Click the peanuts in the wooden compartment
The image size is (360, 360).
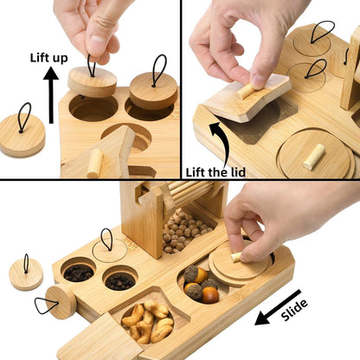pos(146,319)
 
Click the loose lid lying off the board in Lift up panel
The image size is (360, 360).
pos(21,134)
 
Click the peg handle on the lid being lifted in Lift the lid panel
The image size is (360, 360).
pos(248,88)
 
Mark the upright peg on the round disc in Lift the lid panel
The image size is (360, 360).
pos(313,156)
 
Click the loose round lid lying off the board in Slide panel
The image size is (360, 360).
pos(25,273)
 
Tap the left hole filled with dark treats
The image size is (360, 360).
pos(80,273)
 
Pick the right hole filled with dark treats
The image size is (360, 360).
pos(119,281)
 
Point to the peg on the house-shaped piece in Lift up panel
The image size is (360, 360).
pos(94,162)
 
